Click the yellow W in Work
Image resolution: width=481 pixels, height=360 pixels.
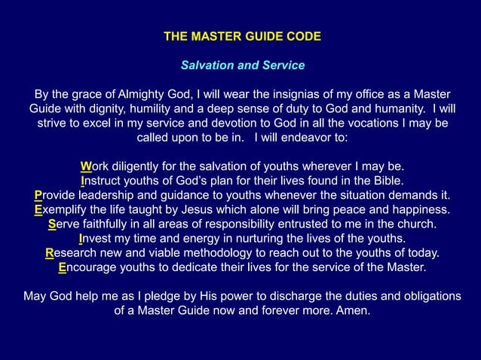(85, 166)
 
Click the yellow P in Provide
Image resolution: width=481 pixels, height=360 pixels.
(38, 196)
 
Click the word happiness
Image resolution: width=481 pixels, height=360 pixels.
(418, 210)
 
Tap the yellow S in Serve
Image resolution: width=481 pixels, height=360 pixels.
(52, 224)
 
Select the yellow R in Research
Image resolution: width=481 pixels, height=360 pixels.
(50, 253)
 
